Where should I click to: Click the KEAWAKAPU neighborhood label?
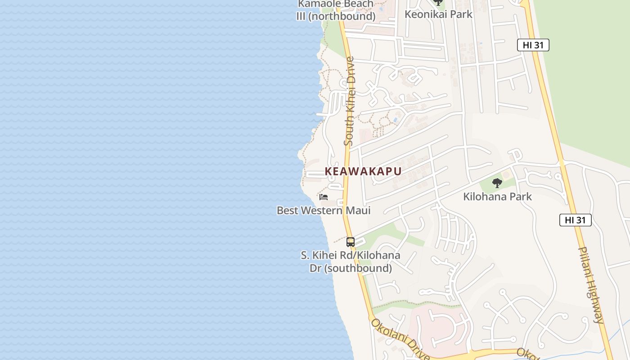click(363, 171)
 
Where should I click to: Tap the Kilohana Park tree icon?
click(497, 183)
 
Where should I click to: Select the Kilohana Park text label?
click(497, 197)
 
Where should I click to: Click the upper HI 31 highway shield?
click(533, 45)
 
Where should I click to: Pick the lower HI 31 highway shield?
click(575, 220)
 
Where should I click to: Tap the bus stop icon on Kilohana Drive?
click(351, 242)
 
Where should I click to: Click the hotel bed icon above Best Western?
click(324, 197)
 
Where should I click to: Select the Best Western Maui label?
click(324, 210)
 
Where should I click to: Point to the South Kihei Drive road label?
click(350, 101)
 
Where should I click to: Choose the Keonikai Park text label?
click(438, 14)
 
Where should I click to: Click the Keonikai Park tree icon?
click(438, 2)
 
